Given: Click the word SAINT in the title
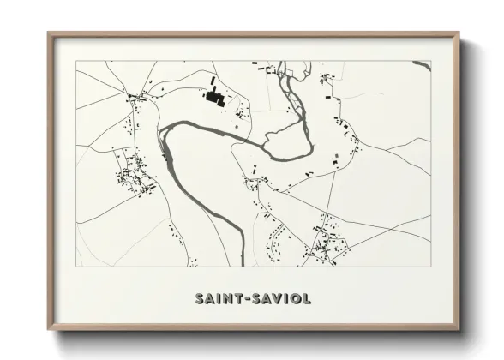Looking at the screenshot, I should click(218, 298).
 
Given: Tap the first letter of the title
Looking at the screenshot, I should click(200, 298).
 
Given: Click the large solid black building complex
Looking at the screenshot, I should click(213, 96).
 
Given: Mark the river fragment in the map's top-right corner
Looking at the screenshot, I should click(421, 63).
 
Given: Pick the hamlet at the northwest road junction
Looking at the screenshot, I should click(137, 101).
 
